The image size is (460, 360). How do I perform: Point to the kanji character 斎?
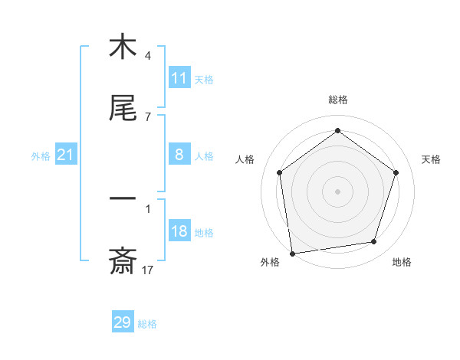tap(123, 262)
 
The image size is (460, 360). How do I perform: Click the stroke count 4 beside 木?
tap(148, 56)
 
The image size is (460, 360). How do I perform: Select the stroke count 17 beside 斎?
tap(148, 270)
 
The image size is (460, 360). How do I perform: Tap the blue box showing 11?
tap(179, 78)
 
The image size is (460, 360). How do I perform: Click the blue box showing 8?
tap(179, 155)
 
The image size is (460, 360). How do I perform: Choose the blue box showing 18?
tap(179, 231)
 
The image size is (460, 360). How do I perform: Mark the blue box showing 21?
tap(66, 155)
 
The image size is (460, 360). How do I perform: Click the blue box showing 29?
tap(123, 322)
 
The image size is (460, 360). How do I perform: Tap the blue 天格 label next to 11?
tap(204, 79)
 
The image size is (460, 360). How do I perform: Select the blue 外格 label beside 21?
tap(41, 156)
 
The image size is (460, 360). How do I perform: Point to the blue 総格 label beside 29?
tap(148, 324)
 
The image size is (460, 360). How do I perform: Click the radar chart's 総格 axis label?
tap(337, 100)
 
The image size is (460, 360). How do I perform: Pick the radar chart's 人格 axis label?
tap(245, 159)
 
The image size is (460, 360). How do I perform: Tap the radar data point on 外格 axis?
tap(292, 252)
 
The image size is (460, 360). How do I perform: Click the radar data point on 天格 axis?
tap(396, 172)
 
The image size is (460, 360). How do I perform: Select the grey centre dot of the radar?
tap(337, 191)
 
